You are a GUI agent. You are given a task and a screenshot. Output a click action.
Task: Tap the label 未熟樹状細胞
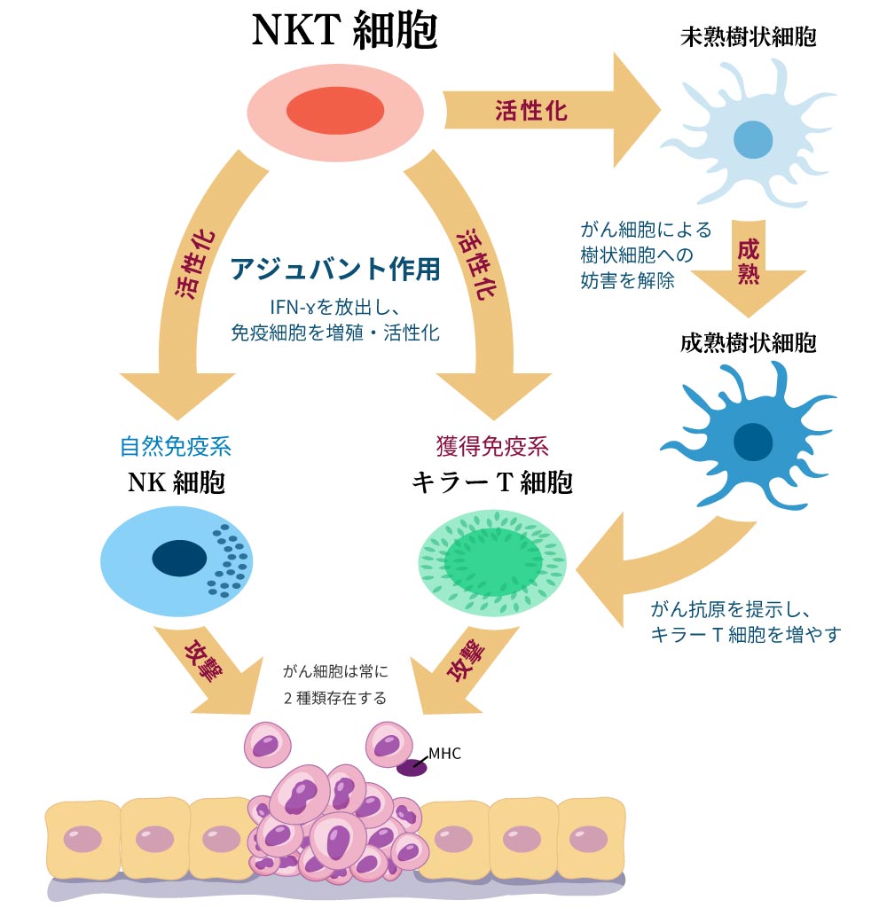748,37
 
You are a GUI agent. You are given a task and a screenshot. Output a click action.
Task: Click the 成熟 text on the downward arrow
748,262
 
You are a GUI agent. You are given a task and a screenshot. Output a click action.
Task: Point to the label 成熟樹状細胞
748,343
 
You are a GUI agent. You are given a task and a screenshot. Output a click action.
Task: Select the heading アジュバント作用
335,269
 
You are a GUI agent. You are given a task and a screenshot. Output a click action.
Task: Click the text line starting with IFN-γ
335,307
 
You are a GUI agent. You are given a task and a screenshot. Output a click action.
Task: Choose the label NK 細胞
176,482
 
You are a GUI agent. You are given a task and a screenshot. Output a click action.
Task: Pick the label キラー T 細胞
492,482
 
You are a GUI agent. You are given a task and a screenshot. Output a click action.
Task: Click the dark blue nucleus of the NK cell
179,559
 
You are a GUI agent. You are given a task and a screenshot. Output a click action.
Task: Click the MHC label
444,754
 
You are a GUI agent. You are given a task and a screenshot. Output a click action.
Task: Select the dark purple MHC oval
411,768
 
